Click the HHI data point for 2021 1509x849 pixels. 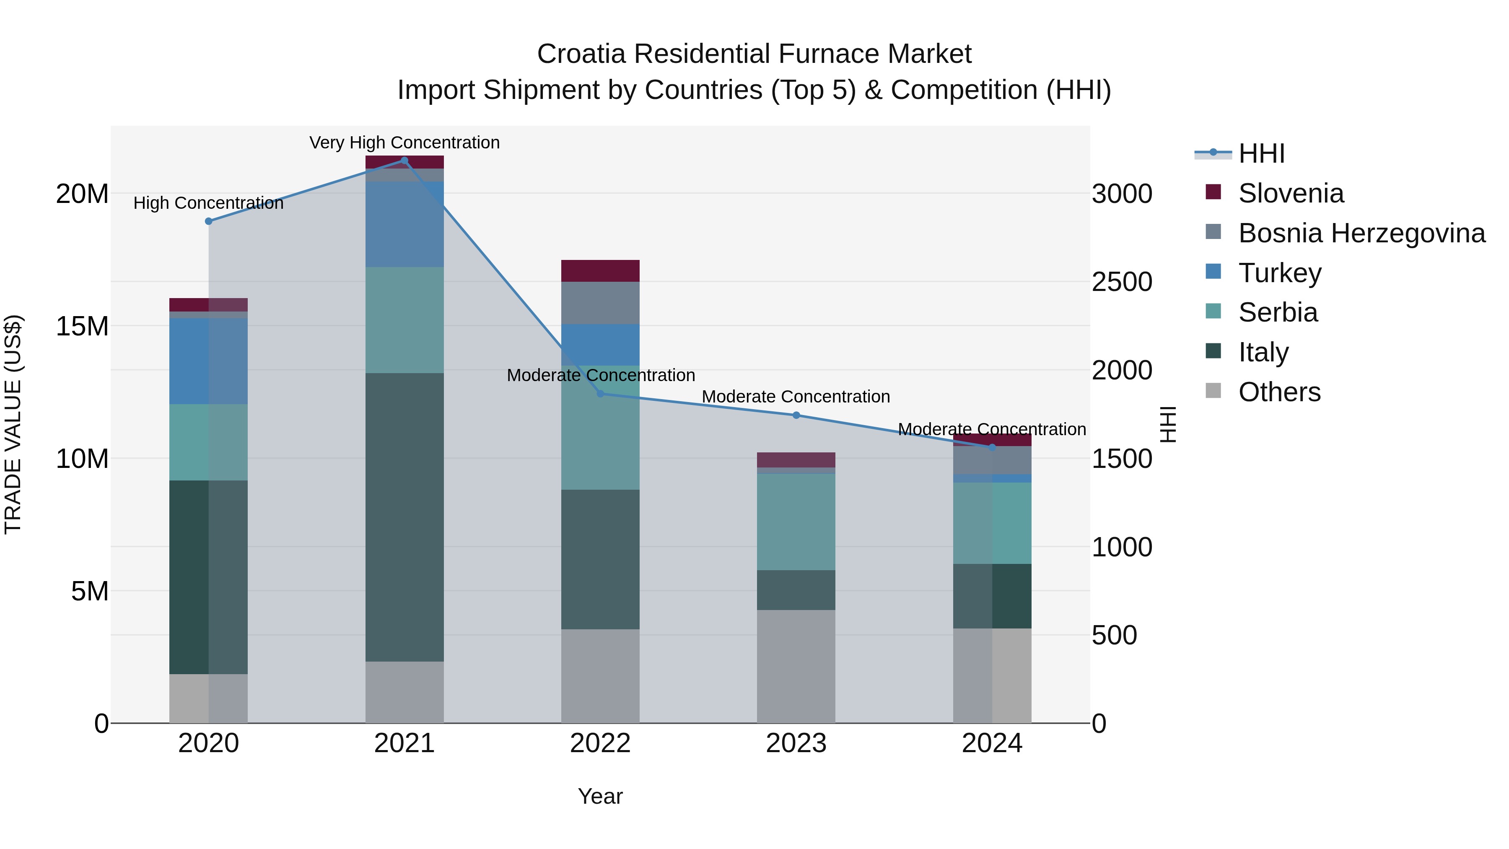[404, 160]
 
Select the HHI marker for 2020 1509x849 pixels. [209, 221]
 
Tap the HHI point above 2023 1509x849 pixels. [796, 415]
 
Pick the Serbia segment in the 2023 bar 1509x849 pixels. [796, 522]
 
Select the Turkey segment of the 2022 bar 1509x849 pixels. [600, 345]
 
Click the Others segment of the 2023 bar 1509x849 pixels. [796, 666]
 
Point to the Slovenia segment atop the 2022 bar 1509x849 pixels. [600, 271]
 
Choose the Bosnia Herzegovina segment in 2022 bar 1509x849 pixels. [600, 303]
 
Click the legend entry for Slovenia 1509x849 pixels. [1291, 193]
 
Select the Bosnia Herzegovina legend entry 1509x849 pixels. [1361, 233]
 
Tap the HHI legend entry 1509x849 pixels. [1261, 153]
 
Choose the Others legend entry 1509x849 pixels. [1279, 392]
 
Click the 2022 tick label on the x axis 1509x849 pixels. [600, 743]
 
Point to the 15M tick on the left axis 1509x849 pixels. [82, 326]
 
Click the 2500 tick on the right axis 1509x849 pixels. [1122, 282]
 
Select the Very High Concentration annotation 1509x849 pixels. [404, 143]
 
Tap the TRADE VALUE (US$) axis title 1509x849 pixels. [13, 424]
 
